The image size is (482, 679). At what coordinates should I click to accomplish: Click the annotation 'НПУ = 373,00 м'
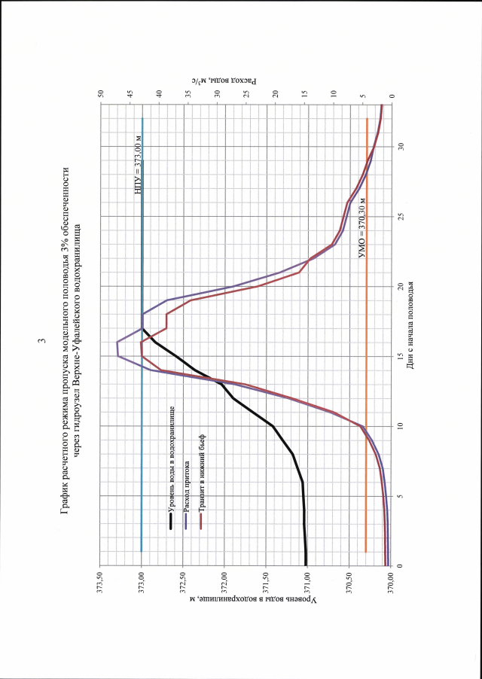[137, 164]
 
